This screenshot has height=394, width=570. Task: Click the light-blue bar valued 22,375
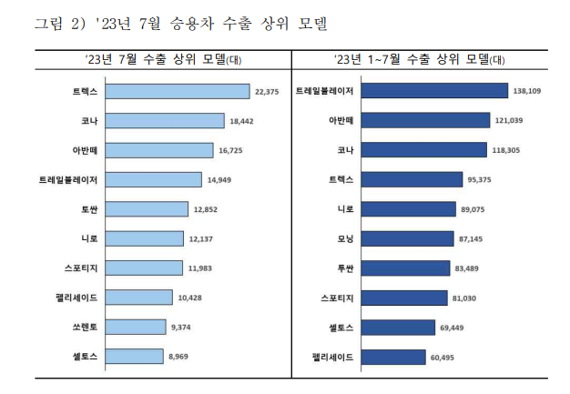[177, 91]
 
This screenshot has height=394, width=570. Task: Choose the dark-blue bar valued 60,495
[393, 357]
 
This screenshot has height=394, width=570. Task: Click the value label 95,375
[483, 179]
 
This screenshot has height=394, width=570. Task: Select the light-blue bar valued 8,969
[134, 357]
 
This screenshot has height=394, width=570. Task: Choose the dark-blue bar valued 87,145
[407, 238]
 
